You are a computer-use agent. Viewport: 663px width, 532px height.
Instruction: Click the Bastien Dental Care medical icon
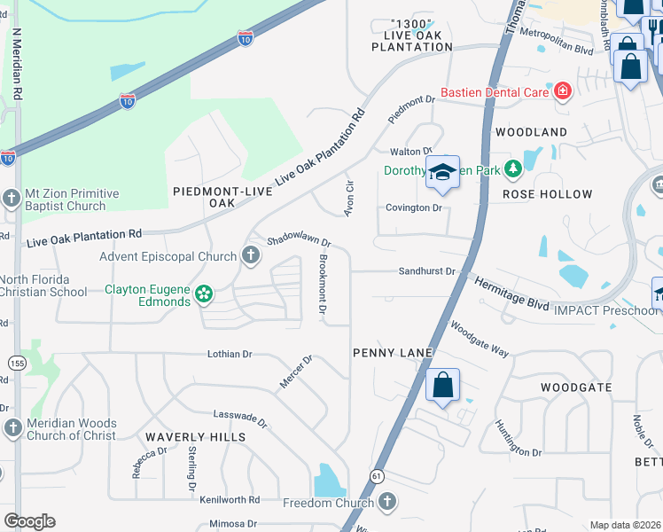[x=561, y=90]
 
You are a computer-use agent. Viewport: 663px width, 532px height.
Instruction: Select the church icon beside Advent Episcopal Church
[x=251, y=257]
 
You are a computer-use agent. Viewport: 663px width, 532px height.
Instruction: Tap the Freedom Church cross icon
[x=386, y=503]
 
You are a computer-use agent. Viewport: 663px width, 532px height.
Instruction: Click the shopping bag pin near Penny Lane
[x=442, y=387]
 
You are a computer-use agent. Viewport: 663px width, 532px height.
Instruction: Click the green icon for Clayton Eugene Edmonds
[x=204, y=293]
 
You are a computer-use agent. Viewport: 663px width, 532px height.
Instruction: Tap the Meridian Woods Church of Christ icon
[x=13, y=428]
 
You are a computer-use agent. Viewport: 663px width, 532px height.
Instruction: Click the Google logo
[x=29, y=521]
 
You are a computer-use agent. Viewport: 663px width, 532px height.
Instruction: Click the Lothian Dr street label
[x=230, y=354]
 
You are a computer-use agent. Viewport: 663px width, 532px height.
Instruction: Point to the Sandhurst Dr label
[x=426, y=271]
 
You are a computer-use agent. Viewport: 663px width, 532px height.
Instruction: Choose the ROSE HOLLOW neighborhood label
[x=547, y=194]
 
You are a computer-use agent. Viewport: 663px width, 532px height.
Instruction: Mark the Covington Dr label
[x=413, y=207]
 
